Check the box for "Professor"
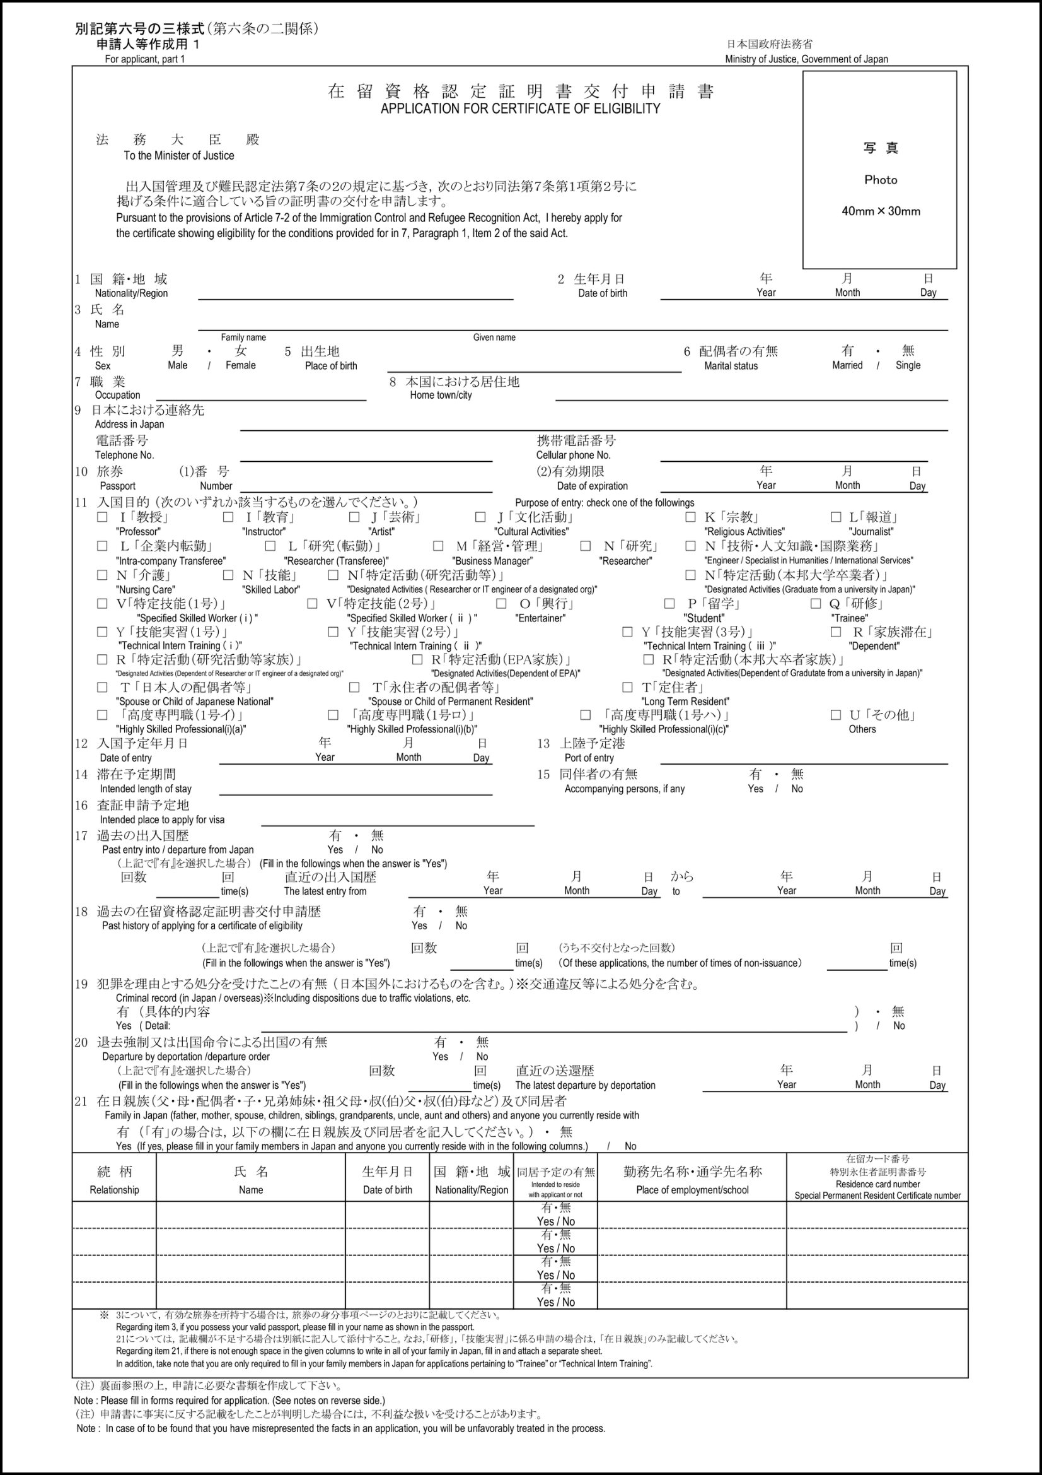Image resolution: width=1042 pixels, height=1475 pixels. pos(102,517)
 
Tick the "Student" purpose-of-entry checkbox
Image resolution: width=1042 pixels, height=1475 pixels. pos(669,603)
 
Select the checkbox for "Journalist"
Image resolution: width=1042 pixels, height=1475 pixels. pos(836,517)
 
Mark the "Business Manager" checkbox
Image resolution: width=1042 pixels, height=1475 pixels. pos(438,546)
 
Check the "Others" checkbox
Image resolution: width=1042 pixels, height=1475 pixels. pos(836,714)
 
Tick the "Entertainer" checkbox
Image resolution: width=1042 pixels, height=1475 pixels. pos(501,603)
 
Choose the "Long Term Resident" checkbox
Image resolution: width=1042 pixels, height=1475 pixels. pos(627,687)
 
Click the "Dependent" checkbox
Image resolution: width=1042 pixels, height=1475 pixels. pos(836,632)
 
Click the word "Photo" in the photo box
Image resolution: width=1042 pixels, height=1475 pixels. pos(880,180)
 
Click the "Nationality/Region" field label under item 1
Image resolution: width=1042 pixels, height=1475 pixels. pos(131,293)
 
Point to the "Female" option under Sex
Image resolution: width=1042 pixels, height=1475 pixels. pos(240,365)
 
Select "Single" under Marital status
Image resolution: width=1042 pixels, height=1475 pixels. pos(908,365)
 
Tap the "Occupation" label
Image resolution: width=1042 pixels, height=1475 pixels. pos(117,395)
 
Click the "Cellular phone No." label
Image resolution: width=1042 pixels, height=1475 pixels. pos(574,455)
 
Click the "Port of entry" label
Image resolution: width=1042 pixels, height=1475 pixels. pos(589,758)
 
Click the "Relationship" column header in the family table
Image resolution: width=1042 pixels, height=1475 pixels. pos(114,1190)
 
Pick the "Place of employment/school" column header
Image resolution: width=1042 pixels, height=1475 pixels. pos(692,1190)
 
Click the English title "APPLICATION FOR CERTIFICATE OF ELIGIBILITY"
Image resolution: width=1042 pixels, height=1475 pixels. pos(520,109)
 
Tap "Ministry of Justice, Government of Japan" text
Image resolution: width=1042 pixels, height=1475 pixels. pos(806,59)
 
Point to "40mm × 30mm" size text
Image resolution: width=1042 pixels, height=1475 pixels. pos(880,211)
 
